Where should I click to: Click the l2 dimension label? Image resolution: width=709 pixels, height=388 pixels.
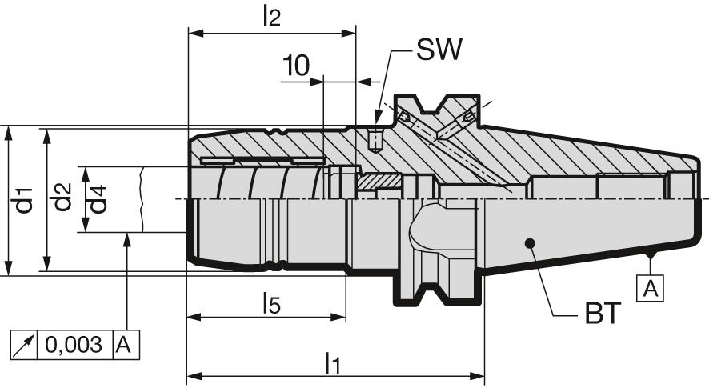coord(271,17)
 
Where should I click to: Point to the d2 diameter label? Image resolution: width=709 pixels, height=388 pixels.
coord(62,200)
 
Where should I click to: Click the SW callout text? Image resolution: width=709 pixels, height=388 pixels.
coord(439,52)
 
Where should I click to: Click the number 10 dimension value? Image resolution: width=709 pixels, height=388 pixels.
coord(295,66)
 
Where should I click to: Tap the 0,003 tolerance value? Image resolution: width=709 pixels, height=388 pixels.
coord(74,345)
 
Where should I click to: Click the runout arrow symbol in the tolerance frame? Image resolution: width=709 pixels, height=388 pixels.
coord(25,345)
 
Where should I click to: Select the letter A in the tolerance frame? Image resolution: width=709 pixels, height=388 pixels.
coord(125,345)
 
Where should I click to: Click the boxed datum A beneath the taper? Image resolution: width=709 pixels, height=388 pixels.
coord(651,287)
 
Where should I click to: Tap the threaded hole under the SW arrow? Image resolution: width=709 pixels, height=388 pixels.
coord(375,141)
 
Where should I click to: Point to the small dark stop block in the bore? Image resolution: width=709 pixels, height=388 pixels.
coord(378,183)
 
